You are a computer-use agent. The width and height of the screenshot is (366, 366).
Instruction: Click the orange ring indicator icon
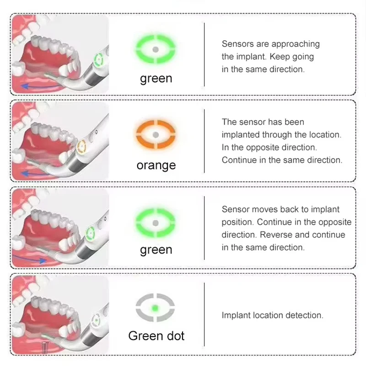156,135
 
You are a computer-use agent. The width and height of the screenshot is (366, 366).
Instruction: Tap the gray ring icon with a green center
156,307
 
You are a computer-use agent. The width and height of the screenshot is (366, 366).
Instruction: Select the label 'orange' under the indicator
156,165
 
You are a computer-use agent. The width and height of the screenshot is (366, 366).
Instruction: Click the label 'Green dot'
156,336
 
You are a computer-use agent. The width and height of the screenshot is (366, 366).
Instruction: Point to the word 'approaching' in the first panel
296,44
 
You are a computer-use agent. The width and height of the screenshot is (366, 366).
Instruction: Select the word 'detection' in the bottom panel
306,315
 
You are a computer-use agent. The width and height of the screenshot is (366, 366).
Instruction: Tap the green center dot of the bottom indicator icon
156,307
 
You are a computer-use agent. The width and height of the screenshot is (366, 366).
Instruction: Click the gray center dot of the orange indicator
156,135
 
